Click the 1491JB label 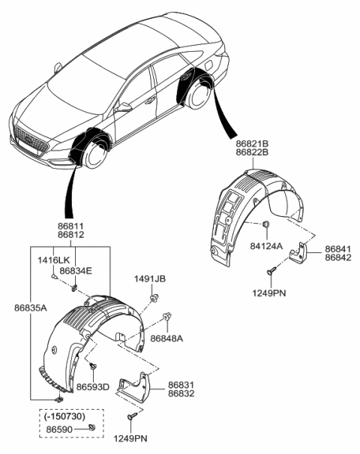tap(150, 278)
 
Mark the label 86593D tap(94, 386)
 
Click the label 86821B tap(253, 142)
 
